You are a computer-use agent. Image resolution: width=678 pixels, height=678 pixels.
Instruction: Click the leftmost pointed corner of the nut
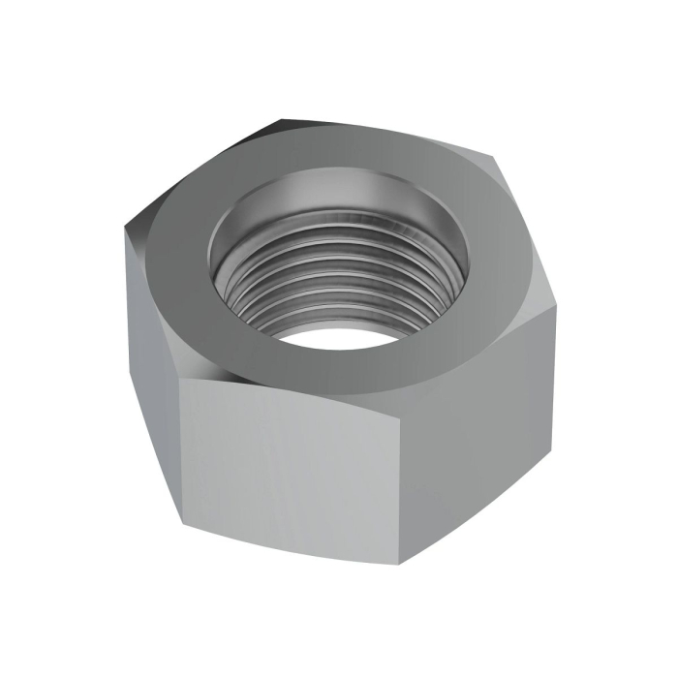[125, 232]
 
